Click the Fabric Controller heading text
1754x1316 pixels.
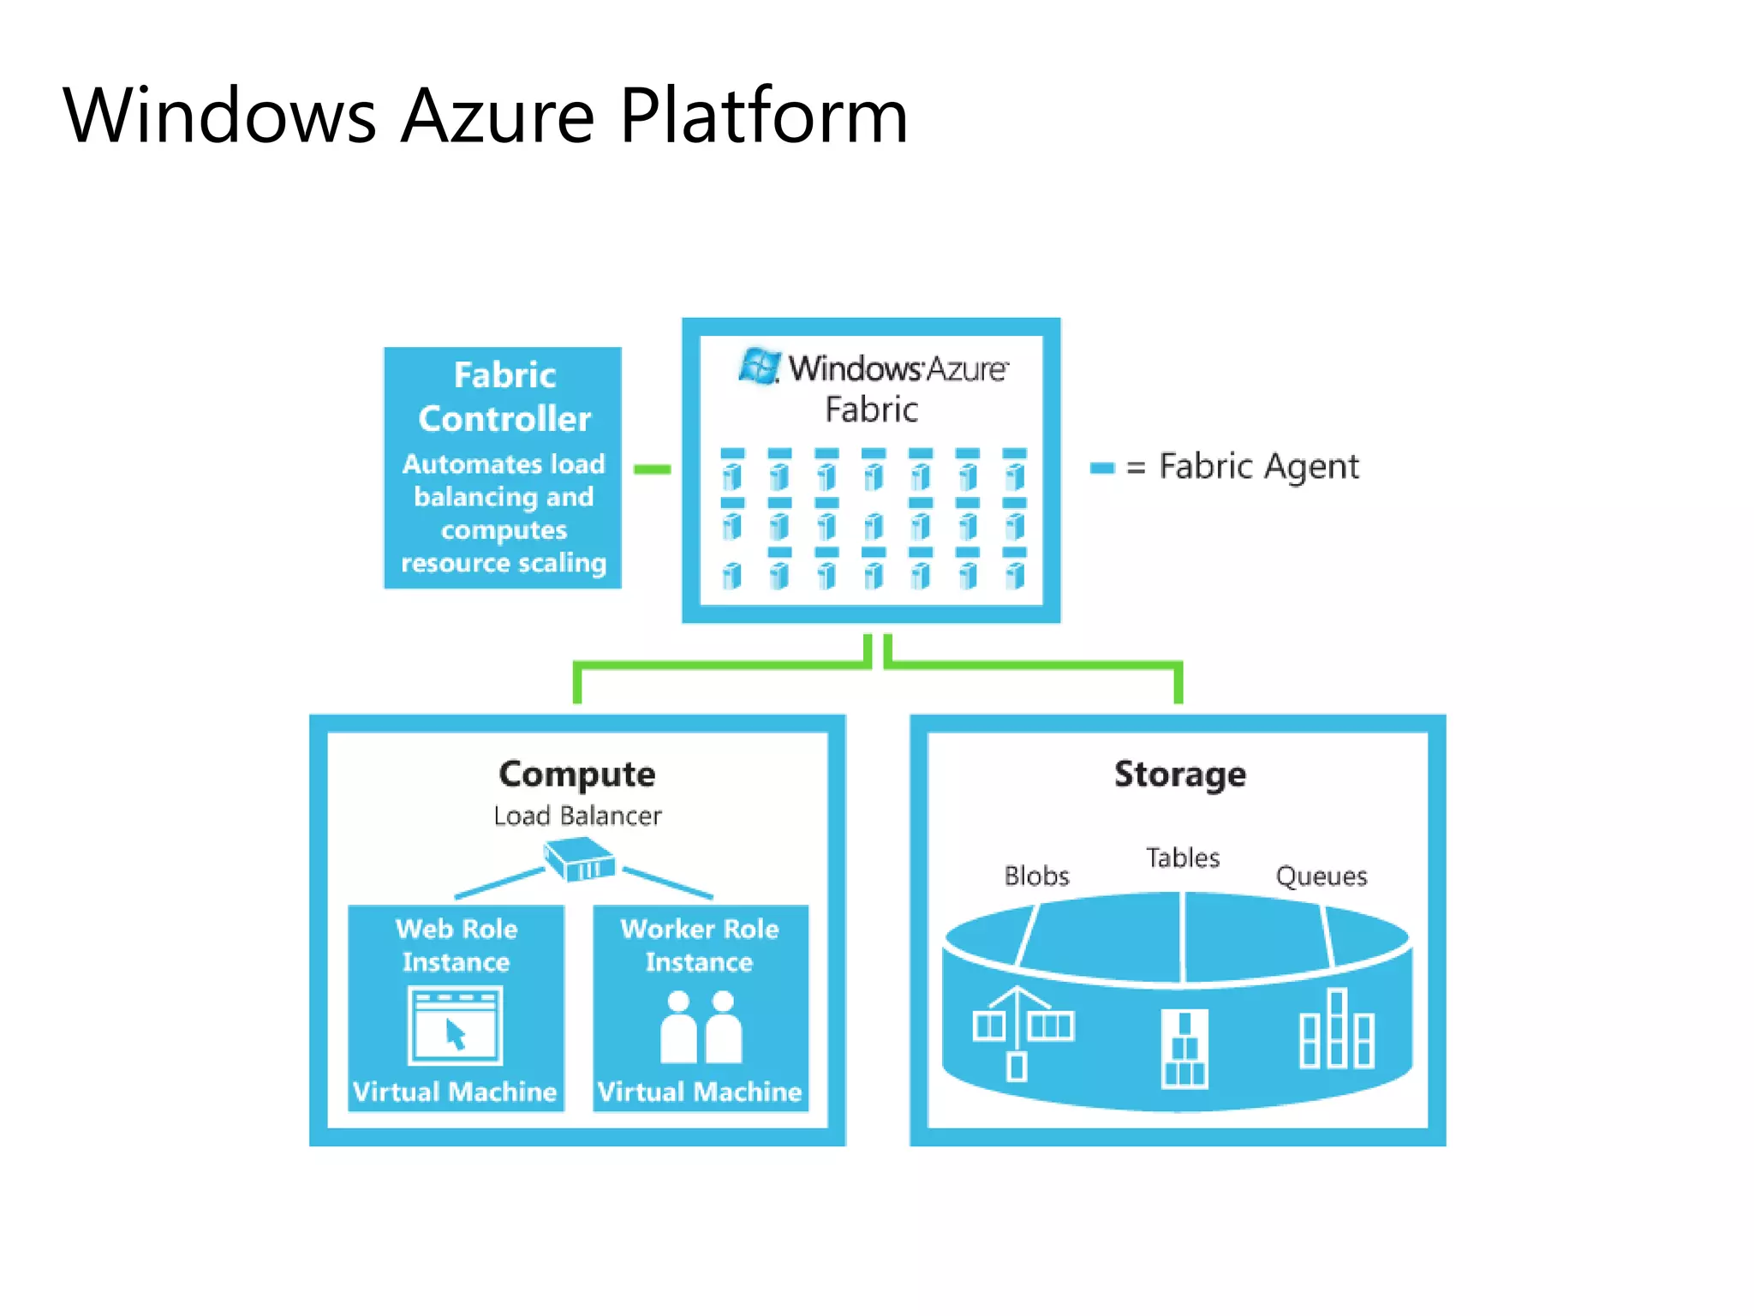click(504, 397)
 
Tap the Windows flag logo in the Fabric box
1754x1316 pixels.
click(759, 367)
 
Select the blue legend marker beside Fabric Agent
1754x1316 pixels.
click(1101, 468)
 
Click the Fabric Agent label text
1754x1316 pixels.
click(1258, 466)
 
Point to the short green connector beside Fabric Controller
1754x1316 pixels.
click(652, 469)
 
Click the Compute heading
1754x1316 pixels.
click(576, 774)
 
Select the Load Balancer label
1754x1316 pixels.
click(576, 816)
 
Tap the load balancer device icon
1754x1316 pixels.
click(580, 859)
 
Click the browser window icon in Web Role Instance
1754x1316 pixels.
click(455, 1026)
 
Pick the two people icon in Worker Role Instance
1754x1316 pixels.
click(701, 1027)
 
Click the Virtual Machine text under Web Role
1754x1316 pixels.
click(455, 1092)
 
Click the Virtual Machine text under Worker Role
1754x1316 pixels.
click(700, 1092)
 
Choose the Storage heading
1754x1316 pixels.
click(1179, 774)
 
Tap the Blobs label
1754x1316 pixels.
click(1036, 876)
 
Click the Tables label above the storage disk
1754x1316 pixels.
click(1183, 858)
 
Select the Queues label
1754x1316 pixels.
click(1321, 876)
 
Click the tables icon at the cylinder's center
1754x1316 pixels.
click(1184, 1050)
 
